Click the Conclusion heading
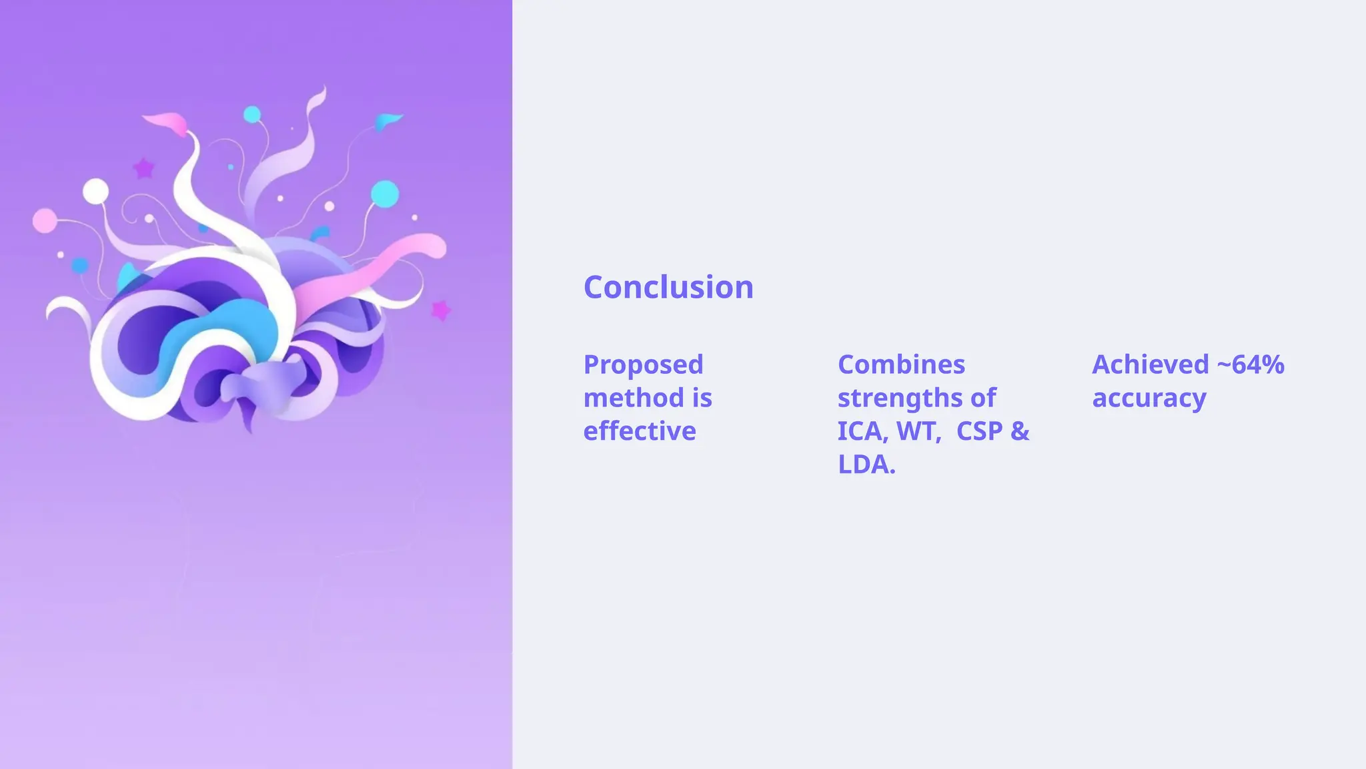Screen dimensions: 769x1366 (668, 288)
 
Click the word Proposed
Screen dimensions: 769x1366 (643, 365)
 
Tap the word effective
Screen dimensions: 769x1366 (639, 431)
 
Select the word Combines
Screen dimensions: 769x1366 (901, 365)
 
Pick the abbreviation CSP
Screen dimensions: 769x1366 (979, 431)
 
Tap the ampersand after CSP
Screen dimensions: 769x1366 (1020, 431)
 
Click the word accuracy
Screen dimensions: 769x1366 (1149, 399)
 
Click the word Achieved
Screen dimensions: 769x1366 (1150, 365)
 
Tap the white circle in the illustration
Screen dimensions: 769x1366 (95, 192)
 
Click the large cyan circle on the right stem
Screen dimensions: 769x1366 (385, 194)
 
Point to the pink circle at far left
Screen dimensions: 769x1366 (45, 221)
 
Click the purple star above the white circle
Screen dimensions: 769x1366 (143, 168)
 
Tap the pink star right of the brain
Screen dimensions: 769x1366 (440, 310)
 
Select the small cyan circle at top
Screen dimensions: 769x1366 (251, 115)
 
